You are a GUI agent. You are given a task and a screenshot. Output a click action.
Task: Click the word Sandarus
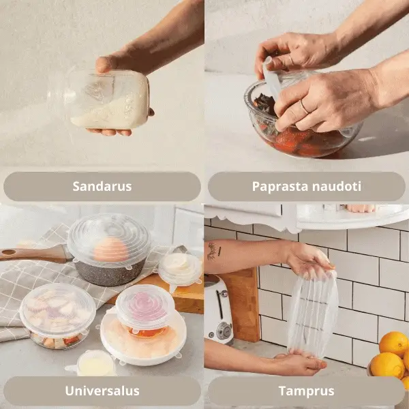coord(102,186)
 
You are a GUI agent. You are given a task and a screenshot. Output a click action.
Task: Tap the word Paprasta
coord(280,187)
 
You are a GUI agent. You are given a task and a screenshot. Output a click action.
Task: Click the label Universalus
coord(102,391)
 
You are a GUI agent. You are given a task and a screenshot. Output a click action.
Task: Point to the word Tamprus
coord(307,391)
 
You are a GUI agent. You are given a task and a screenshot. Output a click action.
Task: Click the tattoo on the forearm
coord(214,251)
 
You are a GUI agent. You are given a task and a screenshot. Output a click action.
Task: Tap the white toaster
coord(218,309)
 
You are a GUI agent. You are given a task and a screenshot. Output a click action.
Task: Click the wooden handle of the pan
coord(33,254)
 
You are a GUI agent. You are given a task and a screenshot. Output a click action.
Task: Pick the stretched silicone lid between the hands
coord(313,314)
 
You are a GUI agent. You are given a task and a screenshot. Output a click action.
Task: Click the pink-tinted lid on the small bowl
coord(145,306)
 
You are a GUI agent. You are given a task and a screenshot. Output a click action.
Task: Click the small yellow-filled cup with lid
coord(95,363)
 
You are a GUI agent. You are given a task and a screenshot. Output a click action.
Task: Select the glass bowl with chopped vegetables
coord(58,316)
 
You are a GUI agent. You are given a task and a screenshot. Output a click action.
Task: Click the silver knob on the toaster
coord(224,331)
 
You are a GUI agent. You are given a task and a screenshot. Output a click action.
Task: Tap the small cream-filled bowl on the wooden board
coord(181,269)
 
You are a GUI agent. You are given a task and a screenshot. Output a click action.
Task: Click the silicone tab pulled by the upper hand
coord(271,78)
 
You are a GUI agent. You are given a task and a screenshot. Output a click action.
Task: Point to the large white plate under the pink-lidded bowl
coord(143,339)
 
